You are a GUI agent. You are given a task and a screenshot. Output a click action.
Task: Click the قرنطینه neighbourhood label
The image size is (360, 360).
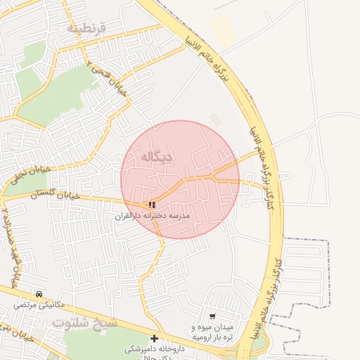click(86, 28)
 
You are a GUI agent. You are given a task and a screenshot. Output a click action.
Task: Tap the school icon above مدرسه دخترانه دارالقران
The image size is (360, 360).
click(152, 205)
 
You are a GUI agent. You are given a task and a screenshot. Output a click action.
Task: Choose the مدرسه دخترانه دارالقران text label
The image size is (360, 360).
click(153, 217)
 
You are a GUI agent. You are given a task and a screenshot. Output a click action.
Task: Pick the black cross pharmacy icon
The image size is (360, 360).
click(154, 338)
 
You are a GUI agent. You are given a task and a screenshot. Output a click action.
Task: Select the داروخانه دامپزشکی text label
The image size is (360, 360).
click(155, 349)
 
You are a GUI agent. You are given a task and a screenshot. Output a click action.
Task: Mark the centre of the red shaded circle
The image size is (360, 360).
click(180, 179)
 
